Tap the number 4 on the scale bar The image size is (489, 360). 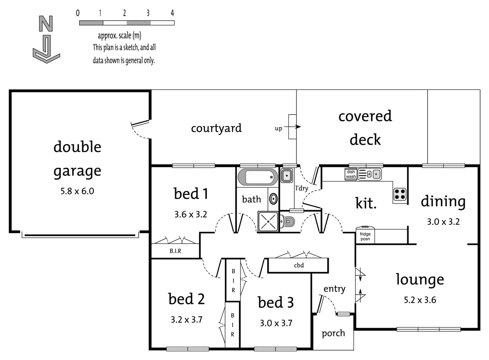pos(172,13)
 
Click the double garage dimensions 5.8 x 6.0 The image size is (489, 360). pos(77,191)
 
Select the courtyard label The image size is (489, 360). pos(216,128)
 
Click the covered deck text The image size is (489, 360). pos(365,128)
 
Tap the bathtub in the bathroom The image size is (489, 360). pos(258,177)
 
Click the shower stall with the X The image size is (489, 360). pos(268,221)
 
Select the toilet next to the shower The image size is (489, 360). pos(288,221)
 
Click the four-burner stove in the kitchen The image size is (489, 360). pos(400,194)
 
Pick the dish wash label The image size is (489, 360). pos(351,174)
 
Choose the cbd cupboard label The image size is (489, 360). pos(299,265)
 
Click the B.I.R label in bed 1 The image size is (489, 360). pos(175,251)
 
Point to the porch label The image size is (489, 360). pos(333,333)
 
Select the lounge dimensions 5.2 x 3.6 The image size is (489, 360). pos(420,300)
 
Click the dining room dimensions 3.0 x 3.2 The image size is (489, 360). pos(443,222)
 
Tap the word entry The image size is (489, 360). pos(334,289)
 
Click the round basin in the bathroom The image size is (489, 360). pos(274,199)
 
